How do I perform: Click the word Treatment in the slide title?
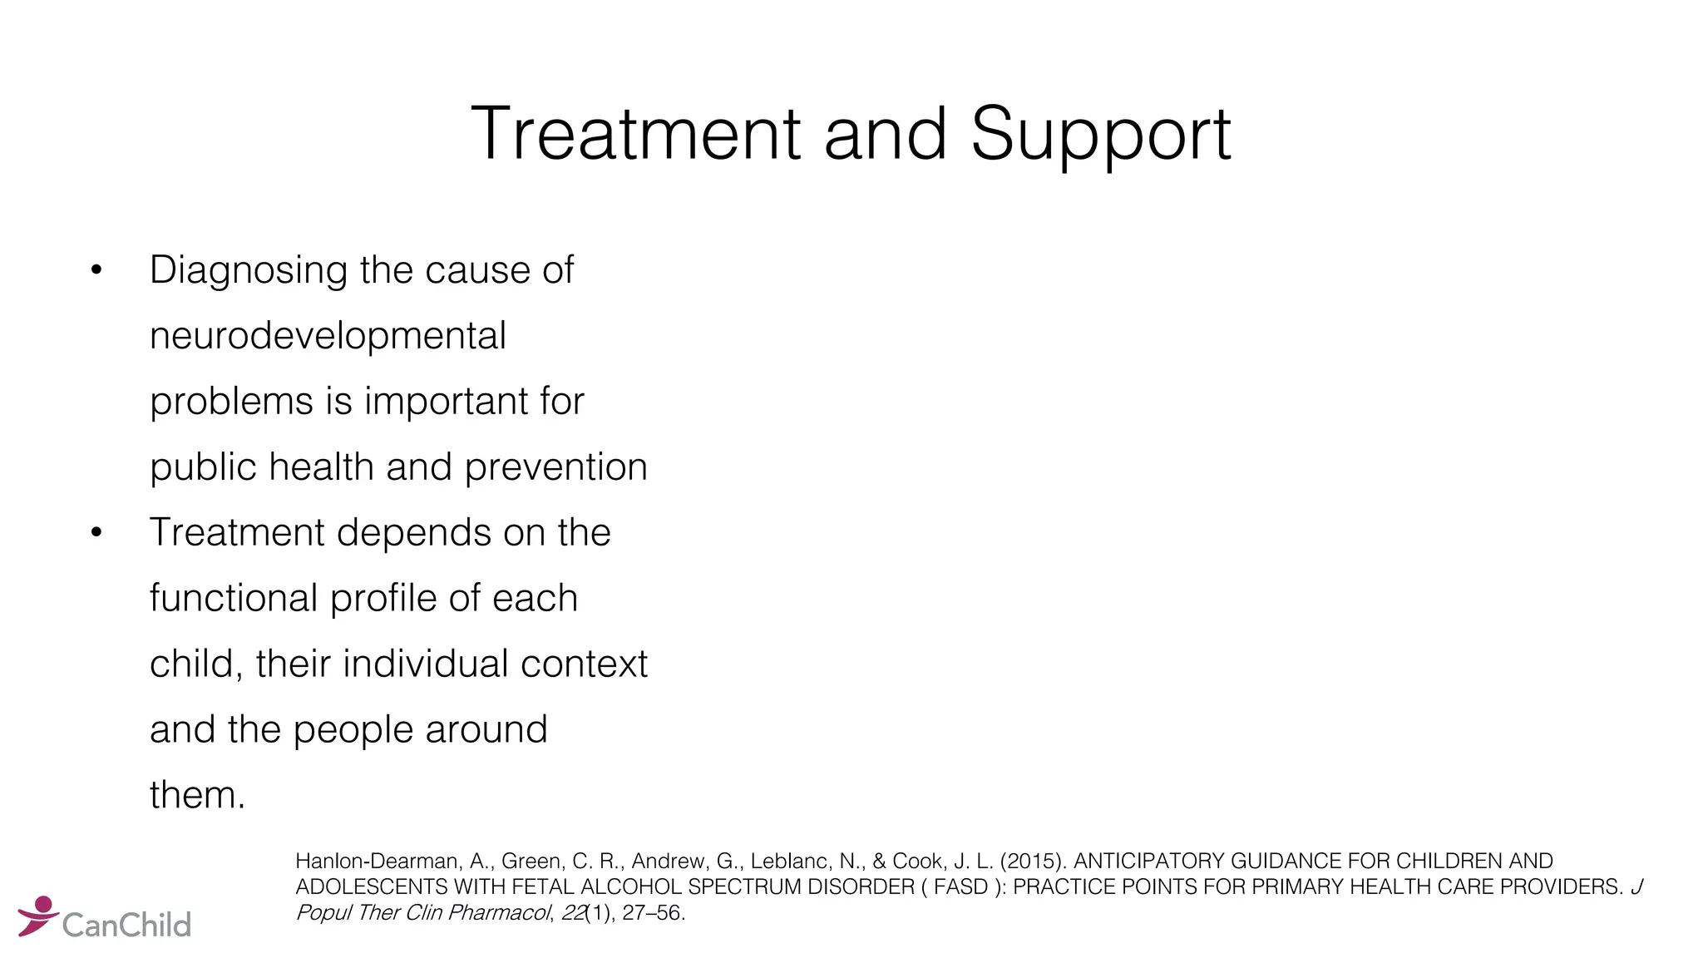634,134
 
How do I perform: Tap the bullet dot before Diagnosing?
96,270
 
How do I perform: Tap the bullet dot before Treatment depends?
96,533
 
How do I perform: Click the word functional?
234,598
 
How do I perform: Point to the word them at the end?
197,795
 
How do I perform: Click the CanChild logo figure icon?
37,915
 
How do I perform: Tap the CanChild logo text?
126,925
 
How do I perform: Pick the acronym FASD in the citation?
960,887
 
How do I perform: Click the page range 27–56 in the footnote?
652,913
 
